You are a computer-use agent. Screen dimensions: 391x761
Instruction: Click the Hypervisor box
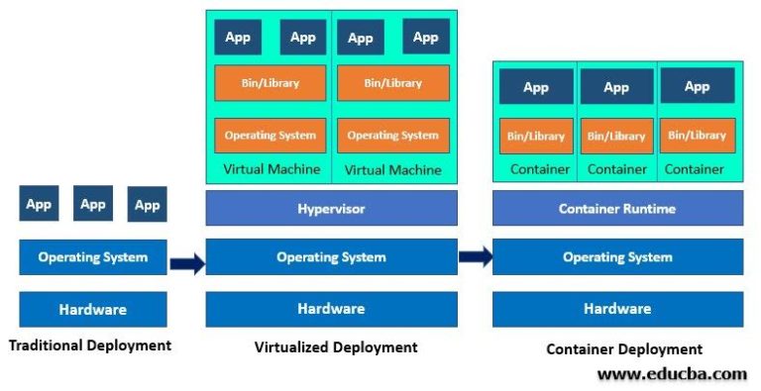[331, 209]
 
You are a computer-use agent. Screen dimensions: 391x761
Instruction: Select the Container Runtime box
[617, 209]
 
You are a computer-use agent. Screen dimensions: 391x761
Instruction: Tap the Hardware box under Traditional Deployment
[93, 309]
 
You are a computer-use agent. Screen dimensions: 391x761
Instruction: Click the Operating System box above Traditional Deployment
[93, 257]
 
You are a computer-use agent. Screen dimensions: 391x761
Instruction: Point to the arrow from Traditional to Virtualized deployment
[187, 263]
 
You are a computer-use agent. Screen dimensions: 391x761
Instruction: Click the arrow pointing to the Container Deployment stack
[476, 257]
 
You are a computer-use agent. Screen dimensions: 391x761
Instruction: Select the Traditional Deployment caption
[90, 345]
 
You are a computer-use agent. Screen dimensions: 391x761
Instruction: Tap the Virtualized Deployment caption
[336, 347]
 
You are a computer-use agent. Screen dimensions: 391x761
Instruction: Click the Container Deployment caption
[624, 348]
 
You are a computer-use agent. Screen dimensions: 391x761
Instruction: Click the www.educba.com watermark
[672, 373]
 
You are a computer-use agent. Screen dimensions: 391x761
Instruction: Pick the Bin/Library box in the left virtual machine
[270, 83]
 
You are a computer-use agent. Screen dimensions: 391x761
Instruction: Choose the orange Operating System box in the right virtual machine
[392, 136]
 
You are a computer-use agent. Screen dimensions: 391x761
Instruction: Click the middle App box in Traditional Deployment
[93, 205]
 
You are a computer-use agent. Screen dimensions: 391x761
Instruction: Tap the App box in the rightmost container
[697, 87]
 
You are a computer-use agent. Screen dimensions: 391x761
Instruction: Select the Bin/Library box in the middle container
[616, 136]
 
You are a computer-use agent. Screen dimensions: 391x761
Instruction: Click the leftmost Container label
[540, 169]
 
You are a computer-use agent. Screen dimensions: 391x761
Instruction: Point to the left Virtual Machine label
[272, 169]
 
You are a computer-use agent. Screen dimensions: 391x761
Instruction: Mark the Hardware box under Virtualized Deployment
[331, 309]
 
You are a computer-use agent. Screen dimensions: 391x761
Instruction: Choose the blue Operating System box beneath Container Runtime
[617, 257]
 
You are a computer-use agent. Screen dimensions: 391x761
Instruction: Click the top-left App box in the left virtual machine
[238, 38]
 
